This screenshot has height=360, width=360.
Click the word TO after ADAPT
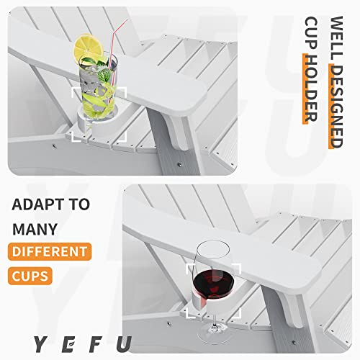(x=80, y=204)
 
